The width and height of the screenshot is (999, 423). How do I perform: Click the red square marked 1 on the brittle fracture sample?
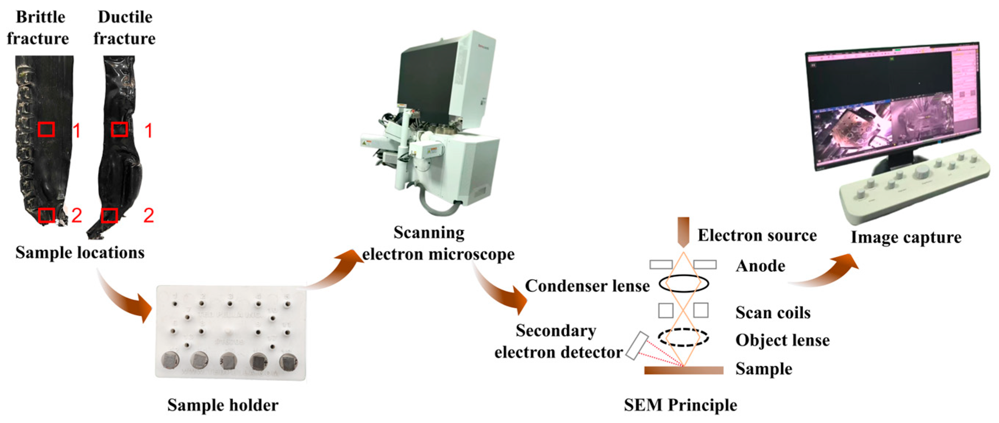(46, 129)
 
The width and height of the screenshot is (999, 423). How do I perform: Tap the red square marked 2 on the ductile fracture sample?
(109, 216)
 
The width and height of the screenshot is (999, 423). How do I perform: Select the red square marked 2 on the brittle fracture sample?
(47, 215)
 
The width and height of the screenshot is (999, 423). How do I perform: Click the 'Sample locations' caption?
(80, 253)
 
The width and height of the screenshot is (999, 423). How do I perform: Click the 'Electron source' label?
(757, 235)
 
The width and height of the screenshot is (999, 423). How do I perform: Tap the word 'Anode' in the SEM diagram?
(760, 266)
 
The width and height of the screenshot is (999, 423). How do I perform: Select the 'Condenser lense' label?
(587, 287)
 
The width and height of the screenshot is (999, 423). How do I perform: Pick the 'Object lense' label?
(782, 340)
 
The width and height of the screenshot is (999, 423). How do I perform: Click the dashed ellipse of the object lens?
(683, 338)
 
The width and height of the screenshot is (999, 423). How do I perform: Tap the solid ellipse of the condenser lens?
(684, 284)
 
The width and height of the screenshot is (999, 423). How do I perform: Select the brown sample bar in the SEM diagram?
(684, 370)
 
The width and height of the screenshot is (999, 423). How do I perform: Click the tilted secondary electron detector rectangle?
(637, 346)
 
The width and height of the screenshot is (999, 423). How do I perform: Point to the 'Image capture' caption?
(906, 238)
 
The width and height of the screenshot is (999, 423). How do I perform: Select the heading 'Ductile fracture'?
(125, 28)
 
